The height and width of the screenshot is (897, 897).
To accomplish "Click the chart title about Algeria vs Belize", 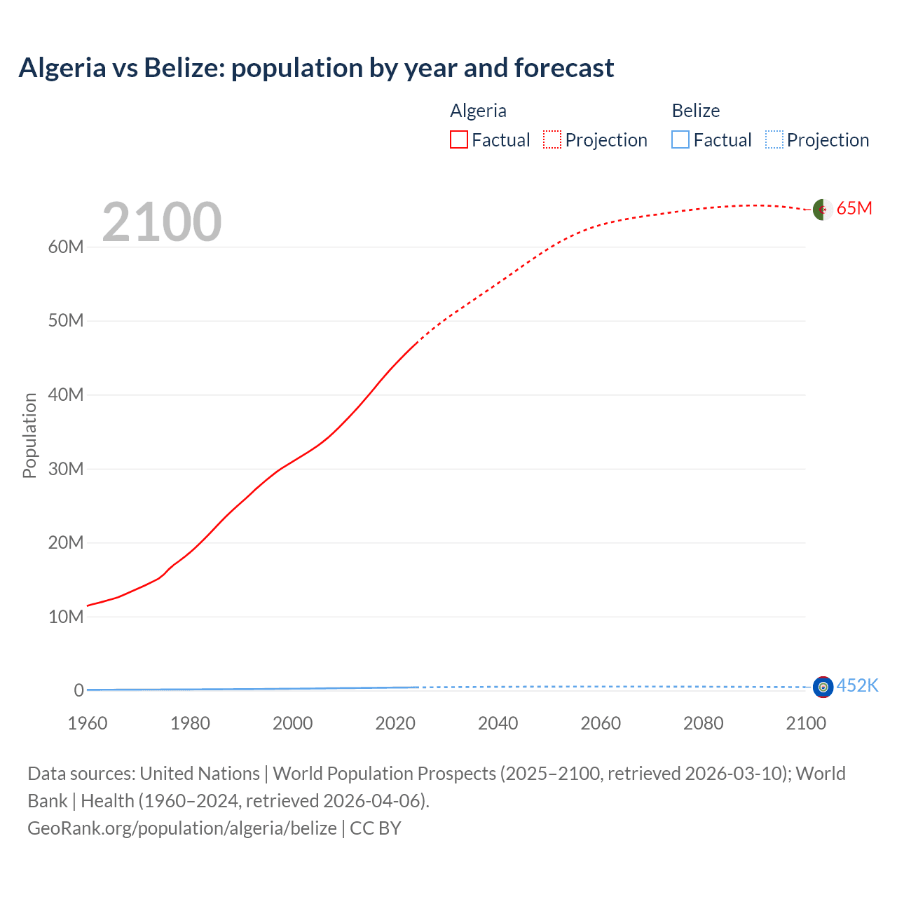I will [316, 68].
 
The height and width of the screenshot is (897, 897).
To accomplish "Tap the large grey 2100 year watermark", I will [162, 222].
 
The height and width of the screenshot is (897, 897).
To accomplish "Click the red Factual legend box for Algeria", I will [459, 140].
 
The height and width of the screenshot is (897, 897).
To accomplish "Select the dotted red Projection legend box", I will [552, 140].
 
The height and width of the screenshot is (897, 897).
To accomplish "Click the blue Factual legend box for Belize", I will [680, 140].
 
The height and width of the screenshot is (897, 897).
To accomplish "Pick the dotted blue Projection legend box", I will [774, 140].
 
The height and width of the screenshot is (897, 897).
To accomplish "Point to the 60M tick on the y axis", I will [66, 247].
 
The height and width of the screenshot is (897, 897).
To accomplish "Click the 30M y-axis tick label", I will [66, 469].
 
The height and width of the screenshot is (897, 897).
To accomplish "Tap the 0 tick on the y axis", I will [78, 690].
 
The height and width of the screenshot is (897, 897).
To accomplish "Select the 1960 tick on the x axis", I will [88, 723].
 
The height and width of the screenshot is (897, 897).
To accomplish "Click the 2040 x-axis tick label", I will [498, 723].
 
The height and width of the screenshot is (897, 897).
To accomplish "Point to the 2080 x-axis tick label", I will [703, 723].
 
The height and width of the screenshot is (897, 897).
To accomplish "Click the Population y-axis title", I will [29, 435].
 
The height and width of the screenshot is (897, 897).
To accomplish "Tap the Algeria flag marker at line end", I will [823, 209].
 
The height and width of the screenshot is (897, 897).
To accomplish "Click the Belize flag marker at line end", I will [823, 687].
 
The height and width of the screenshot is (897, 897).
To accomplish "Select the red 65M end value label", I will [854, 209].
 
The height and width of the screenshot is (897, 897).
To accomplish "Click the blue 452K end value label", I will [857, 685].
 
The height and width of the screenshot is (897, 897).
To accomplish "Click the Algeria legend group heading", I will [478, 111].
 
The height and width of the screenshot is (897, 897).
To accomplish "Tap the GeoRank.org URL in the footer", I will [182, 828].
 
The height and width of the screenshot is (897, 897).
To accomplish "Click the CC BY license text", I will [376, 828].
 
